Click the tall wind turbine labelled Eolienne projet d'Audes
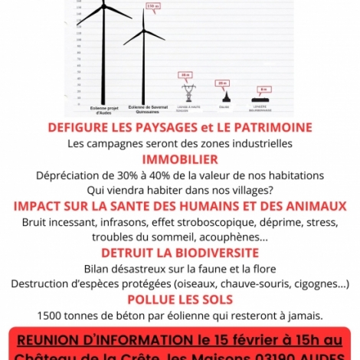pyautogui.click(x=103, y=54)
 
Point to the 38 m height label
pyautogui.click(x=185, y=74)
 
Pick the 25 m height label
pyautogui.click(x=222, y=83)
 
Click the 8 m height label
pyautogui.click(x=263, y=90)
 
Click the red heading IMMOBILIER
pyautogui.click(x=180, y=159)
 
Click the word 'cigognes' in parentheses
pyautogui.click(x=318, y=283)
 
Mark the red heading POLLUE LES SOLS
pyautogui.click(x=180, y=299)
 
